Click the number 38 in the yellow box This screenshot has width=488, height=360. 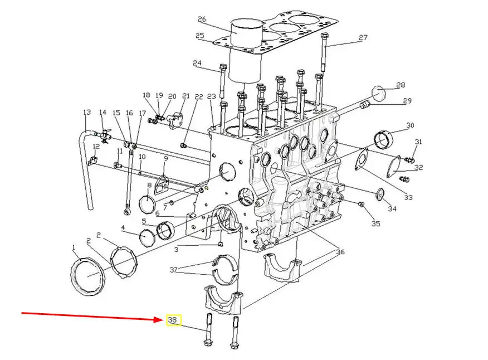(x=172, y=320)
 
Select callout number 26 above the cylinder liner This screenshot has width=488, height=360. (x=202, y=20)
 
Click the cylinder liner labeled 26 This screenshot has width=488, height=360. (x=245, y=52)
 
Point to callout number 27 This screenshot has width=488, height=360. (x=363, y=38)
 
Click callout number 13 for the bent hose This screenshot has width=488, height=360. (x=87, y=112)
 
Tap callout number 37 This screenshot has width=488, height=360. (x=173, y=270)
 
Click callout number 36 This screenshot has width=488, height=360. (x=340, y=252)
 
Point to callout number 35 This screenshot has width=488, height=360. (x=375, y=223)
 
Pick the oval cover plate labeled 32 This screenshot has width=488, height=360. (x=394, y=166)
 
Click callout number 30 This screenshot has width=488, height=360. (x=410, y=125)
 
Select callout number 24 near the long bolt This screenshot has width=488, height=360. (x=197, y=63)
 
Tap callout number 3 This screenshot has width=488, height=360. (x=176, y=250)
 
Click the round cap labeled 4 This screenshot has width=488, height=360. (x=147, y=237)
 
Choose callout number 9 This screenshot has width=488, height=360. (x=166, y=158)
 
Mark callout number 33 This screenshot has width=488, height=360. (x=408, y=197)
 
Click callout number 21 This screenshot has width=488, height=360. (x=186, y=96)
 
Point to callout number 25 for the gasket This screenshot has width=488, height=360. (x=199, y=36)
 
